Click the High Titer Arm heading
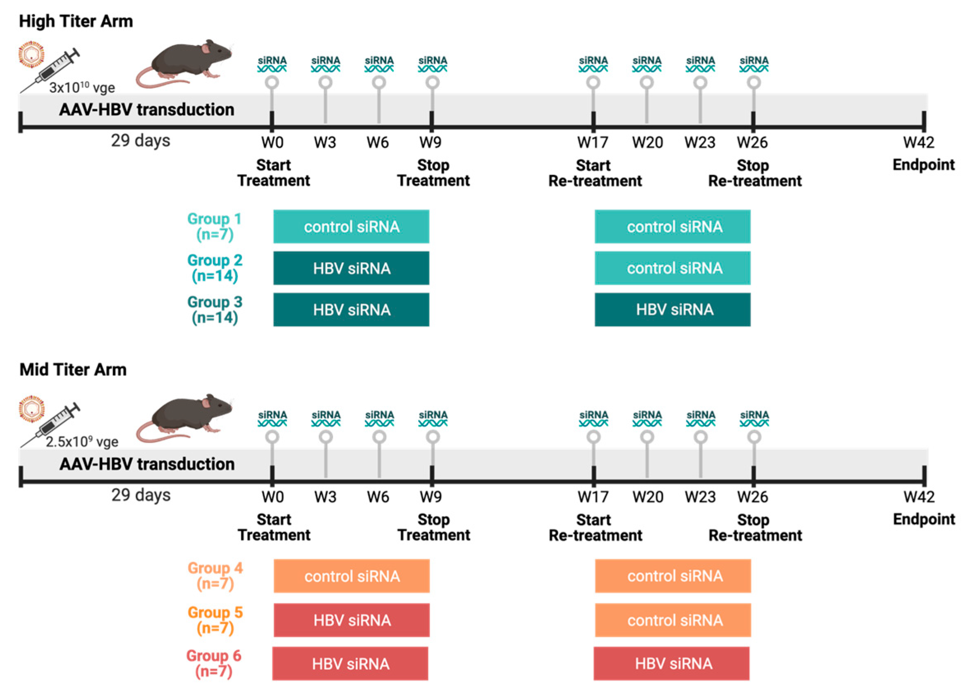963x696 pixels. (x=76, y=21)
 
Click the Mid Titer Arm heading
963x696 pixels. (x=73, y=370)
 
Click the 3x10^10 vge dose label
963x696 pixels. (x=82, y=88)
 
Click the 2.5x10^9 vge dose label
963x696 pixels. (x=82, y=442)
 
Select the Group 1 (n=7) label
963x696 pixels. (x=214, y=226)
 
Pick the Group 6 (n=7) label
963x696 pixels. (x=213, y=663)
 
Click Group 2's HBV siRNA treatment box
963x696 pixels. (x=351, y=268)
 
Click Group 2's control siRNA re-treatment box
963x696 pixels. (x=672, y=268)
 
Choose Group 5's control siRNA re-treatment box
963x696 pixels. (x=673, y=620)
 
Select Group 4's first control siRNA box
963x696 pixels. (x=351, y=576)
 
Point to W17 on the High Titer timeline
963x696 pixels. (x=593, y=142)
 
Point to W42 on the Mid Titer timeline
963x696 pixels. (x=919, y=497)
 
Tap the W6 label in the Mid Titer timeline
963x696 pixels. (x=378, y=497)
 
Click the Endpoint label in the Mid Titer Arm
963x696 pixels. (x=924, y=519)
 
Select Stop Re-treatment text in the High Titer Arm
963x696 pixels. (x=754, y=173)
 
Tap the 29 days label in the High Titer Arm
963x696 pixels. (x=140, y=141)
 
